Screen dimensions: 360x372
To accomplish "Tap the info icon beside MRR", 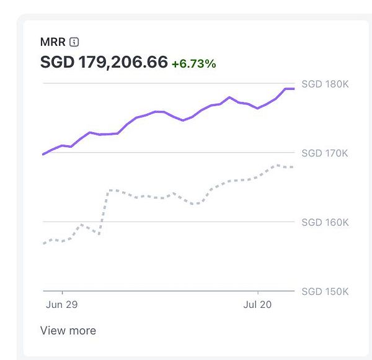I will click(74, 42).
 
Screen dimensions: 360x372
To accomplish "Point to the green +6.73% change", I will click(193, 63).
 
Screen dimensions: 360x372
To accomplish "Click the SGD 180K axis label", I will click(325, 84).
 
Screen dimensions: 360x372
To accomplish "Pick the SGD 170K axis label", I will click(325, 153).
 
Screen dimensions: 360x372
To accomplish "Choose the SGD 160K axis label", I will click(325, 222).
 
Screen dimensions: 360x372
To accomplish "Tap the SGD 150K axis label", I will click(325, 291).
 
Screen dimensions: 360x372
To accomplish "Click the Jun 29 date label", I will click(63, 305).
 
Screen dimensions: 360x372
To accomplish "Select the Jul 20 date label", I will click(258, 305).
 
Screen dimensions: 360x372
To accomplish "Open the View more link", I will click(68, 330).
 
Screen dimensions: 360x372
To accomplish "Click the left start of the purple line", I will click(43, 154).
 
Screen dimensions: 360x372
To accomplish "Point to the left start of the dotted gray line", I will click(43, 243).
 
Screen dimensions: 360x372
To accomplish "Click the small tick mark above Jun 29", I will click(63, 292).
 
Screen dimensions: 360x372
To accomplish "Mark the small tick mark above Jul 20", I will click(258, 292).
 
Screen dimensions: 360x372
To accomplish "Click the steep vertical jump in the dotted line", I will click(104, 211).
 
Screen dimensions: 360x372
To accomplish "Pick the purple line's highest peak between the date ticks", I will click(229, 97).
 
